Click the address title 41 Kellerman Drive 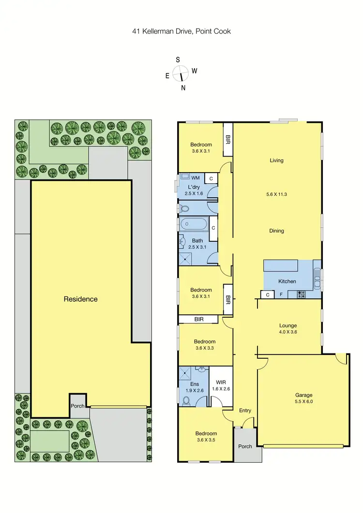coord(181,31)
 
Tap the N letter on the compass coord(183,88)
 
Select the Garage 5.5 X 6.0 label coord(304,398)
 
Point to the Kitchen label coord(287,281)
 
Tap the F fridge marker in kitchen coord(281,294)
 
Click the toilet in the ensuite coord(186,400)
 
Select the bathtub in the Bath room coord(194,224)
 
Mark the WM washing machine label coord(196,178)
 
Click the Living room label coord(277,161)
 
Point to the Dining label coord(277,231)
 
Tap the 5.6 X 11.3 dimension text coord(277,194)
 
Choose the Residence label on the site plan coord(81,299)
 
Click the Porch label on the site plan coord(77,406)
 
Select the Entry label coord(245,411)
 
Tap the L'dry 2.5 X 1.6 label coord(197,190)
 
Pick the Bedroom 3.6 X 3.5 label coord(206,437)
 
